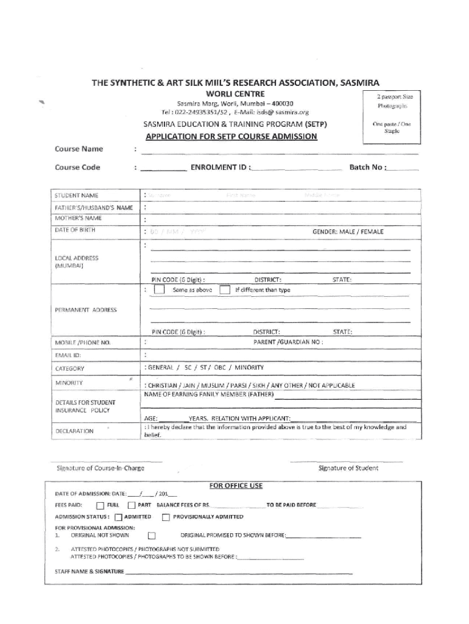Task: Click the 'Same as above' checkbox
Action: click(159, 290)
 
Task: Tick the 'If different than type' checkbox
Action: click(225, 290)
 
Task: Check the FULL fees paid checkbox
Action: click(100, 505)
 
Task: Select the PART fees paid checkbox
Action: click(131, 505)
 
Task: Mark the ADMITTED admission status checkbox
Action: click(119, 517)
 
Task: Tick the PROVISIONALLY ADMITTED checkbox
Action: click(166, 517)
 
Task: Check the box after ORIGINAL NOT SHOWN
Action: click(152, 536)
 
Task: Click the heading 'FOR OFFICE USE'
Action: click(236, 486)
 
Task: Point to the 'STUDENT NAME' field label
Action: click(76, 196)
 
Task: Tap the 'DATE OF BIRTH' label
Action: click(75, 230)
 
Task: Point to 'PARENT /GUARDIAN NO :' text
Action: click(287, 342)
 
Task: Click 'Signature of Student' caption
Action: click(348, 468)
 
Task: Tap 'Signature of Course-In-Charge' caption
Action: click(100, 468)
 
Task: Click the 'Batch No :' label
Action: click(367, 167)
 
